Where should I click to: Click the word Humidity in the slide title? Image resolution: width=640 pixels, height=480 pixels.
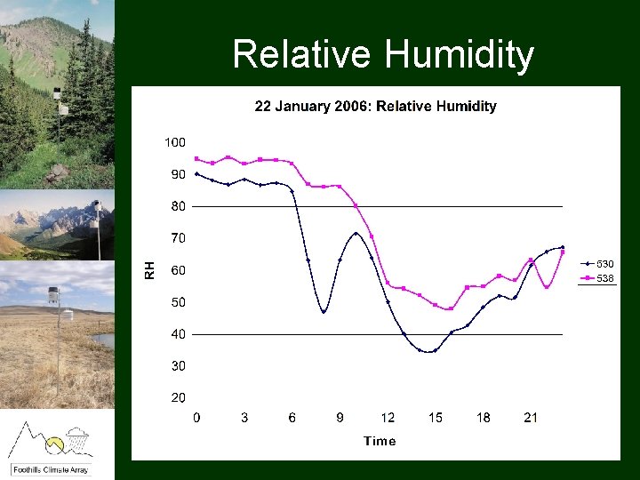[460, 55]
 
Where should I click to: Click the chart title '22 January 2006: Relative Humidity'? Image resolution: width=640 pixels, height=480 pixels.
[375, 107]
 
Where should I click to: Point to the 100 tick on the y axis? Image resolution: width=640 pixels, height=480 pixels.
[174, 142]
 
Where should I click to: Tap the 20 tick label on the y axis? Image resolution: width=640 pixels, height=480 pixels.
[178, 397]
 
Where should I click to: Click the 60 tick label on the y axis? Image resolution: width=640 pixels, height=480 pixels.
[178, 270]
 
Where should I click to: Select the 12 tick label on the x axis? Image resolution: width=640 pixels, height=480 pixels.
[388, 418]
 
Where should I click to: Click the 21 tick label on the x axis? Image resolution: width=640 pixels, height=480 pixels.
[531, 418]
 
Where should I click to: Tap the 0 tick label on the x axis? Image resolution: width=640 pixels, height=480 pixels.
[196, 418]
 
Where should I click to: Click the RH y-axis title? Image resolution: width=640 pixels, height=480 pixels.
[150, 270]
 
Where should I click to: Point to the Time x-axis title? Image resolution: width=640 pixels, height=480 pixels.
[380, 441]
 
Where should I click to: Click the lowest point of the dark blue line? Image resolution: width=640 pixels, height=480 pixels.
[428, 351]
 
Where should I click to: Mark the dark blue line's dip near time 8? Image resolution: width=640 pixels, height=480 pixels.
[324, 312]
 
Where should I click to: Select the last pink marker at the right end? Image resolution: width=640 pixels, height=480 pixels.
[563, 252]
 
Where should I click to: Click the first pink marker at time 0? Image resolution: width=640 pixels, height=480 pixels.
[196, 159]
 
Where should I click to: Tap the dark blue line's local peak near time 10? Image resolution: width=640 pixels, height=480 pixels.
[356, 234]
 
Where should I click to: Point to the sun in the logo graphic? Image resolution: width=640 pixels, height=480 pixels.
[55, 442]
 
